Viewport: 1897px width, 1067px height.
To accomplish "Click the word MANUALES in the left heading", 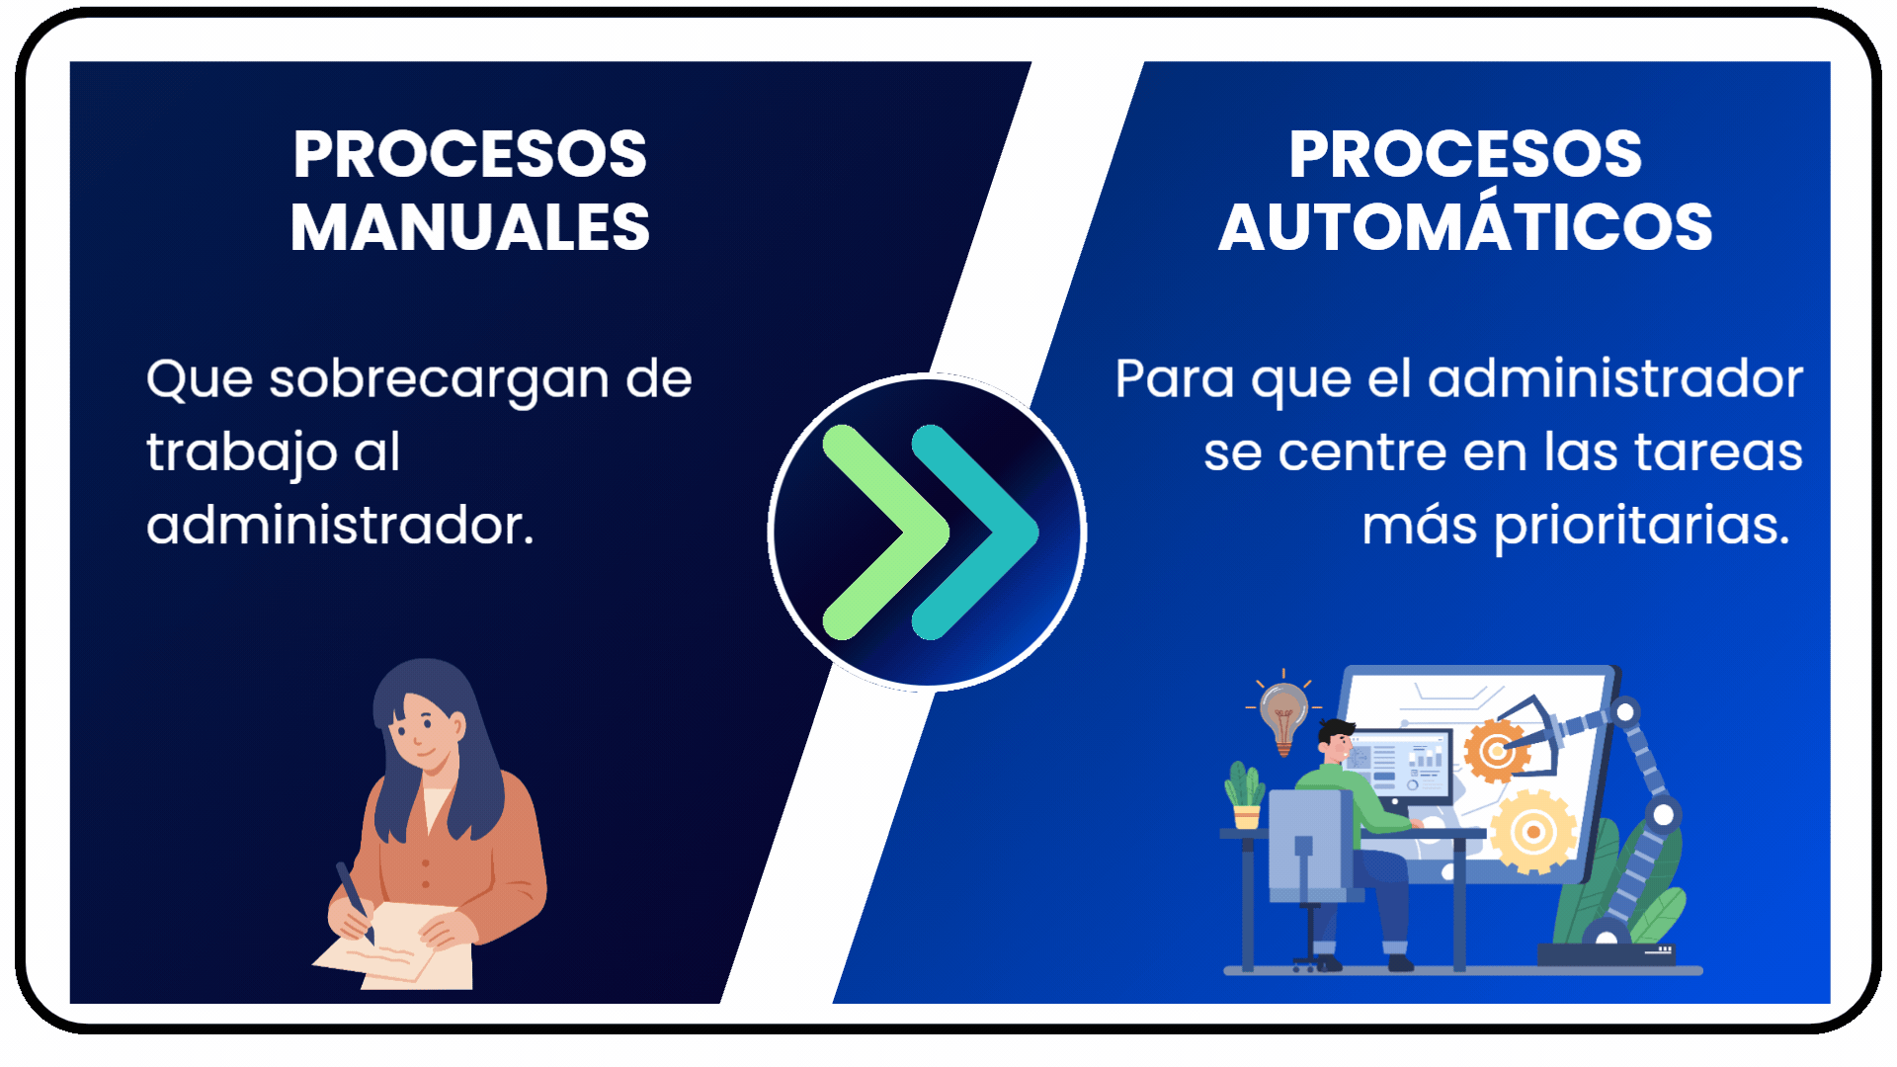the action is point(470,227).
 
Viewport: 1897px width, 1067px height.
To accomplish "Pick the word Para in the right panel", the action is point(1175,378).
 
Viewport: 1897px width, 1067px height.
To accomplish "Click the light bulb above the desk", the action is point(1283,716).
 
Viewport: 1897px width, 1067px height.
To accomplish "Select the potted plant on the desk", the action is point(1245,795).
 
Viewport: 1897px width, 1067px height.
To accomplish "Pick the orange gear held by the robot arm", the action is point(1496,752).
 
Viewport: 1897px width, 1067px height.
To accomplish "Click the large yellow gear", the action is point(1532,832).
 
